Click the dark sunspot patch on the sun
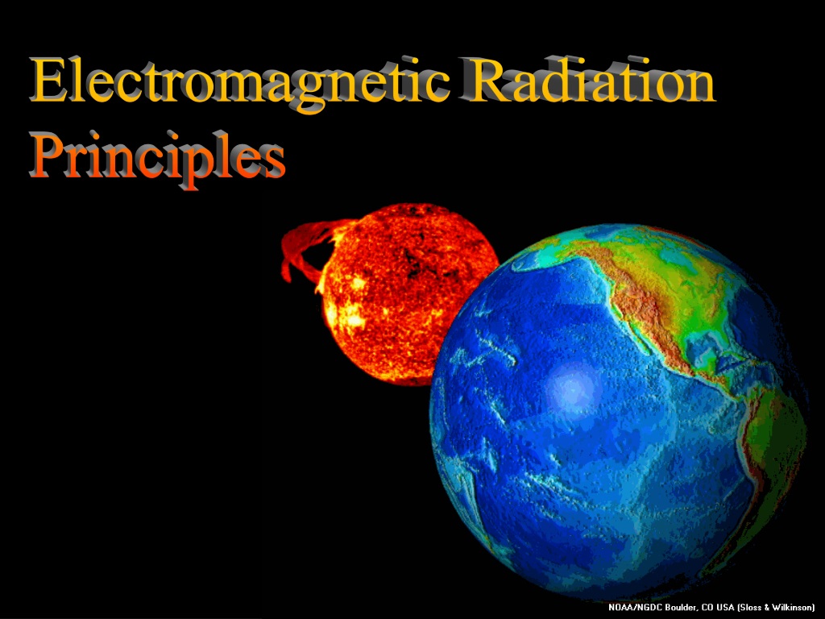[x=416, y=264]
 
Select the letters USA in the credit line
[x=725, y=608]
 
